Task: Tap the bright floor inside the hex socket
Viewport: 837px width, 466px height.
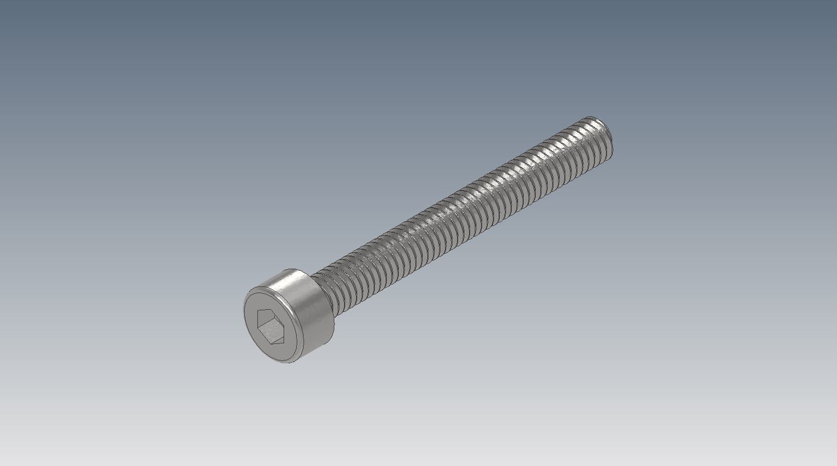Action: click(273, 333)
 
